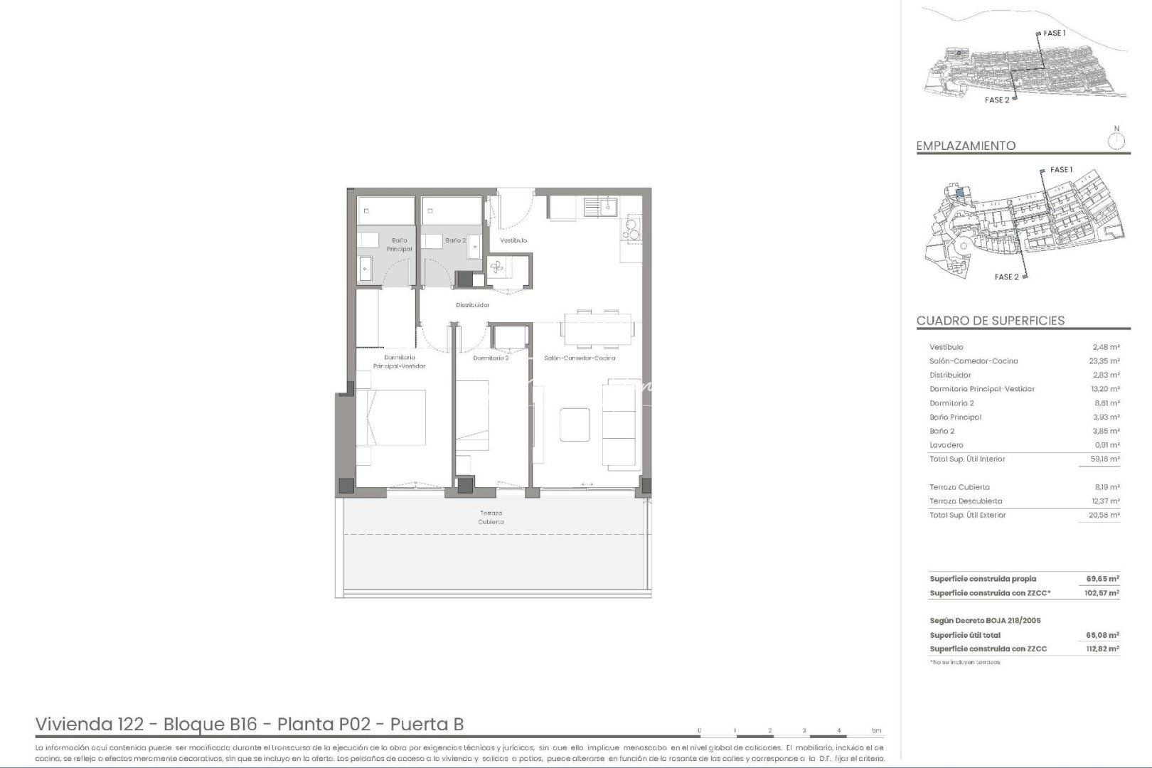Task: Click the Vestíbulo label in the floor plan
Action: coord(513,240)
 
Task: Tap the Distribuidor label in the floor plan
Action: coord(473,305)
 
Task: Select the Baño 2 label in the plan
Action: coord(456,240)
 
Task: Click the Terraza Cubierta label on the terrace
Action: coord(491,517)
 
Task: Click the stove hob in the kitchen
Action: coord(631,228)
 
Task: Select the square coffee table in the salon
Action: coord(575,426)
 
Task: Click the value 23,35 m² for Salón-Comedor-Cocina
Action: coord(1106,361)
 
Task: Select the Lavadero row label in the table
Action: coord(946,445)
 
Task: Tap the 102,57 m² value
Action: coord(1102,593)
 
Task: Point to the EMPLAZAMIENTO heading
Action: coord(966,146)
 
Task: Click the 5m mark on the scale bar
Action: coord(876,730)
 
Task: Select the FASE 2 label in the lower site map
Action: coord(1006,277)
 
